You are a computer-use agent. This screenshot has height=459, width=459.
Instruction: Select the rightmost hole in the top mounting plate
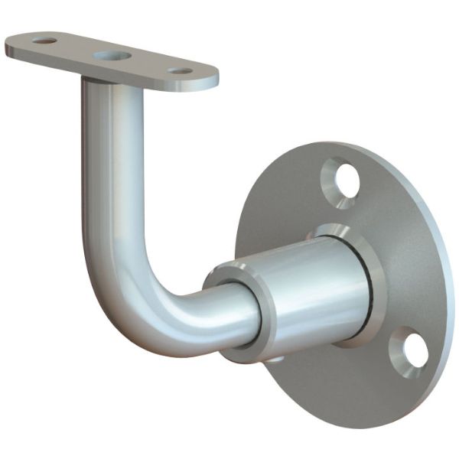(182, 71)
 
